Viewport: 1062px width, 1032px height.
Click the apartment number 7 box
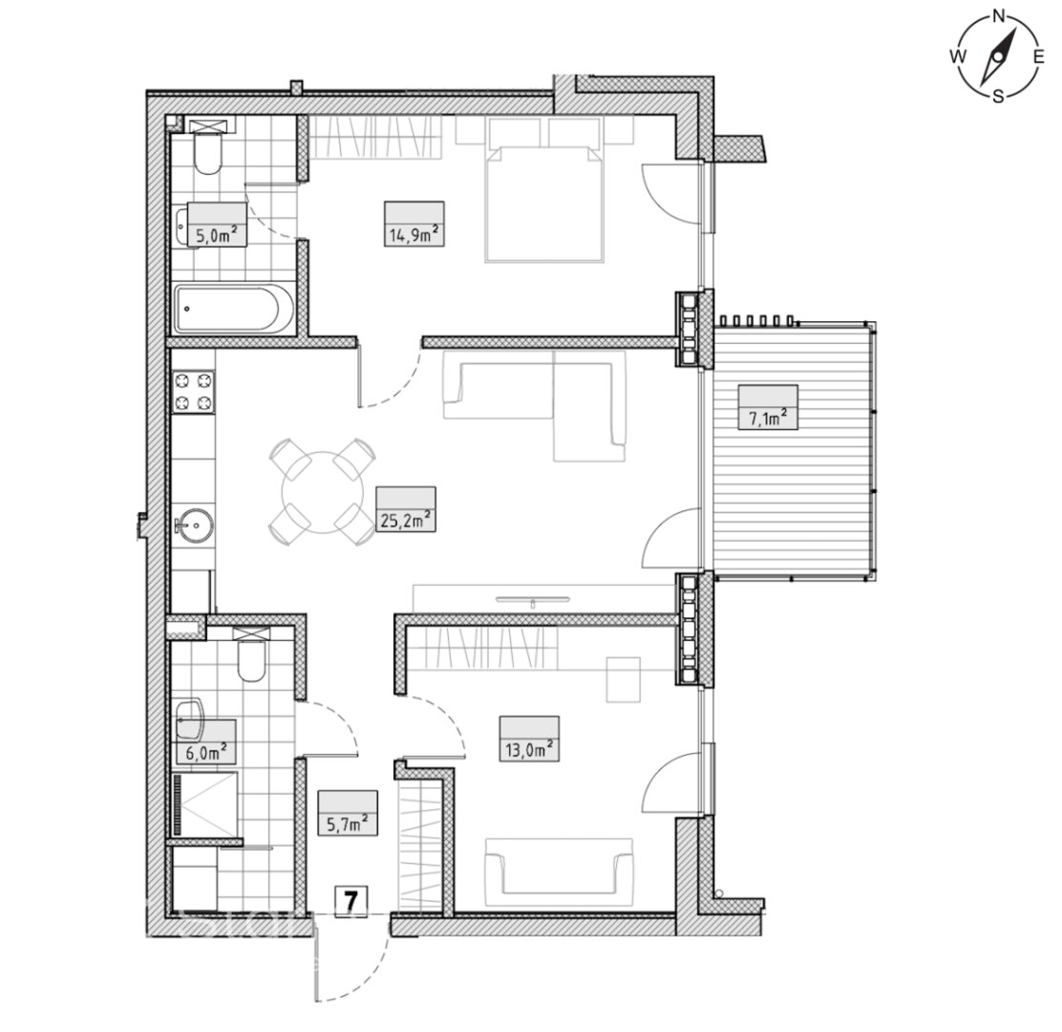[x=350, y=902]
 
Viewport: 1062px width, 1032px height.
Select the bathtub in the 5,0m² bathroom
[x=234, y=309]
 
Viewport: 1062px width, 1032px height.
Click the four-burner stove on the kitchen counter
[x=194, y=392]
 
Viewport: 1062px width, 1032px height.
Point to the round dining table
[x=321, y=492]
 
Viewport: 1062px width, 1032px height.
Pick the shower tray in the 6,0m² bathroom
[x=204, y=806]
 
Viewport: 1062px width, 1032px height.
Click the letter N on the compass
[x=998, y=15]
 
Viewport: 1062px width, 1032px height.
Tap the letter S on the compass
[x=998, y=97]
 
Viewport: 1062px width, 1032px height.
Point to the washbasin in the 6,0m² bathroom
[x=190, y=719]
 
